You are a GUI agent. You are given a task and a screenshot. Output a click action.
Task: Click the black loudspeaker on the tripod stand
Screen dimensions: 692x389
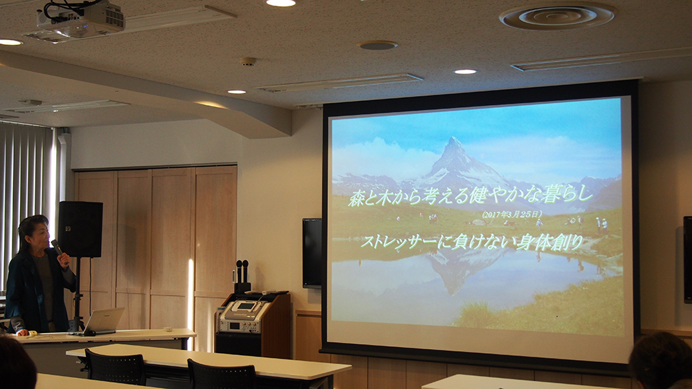point(80,229)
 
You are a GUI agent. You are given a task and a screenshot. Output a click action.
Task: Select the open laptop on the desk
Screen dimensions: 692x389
point(102,321)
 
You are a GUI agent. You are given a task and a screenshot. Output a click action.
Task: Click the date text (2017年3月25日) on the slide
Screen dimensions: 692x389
point(512,215)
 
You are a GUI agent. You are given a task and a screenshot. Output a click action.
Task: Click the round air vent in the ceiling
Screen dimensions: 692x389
point(557,17)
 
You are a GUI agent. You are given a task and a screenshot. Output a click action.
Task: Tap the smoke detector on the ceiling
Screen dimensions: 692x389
point(248,61)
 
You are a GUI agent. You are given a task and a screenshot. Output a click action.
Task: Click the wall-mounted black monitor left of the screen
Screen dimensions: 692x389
point(312,253)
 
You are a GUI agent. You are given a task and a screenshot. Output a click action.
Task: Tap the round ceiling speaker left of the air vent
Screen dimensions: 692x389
point(377,45)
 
